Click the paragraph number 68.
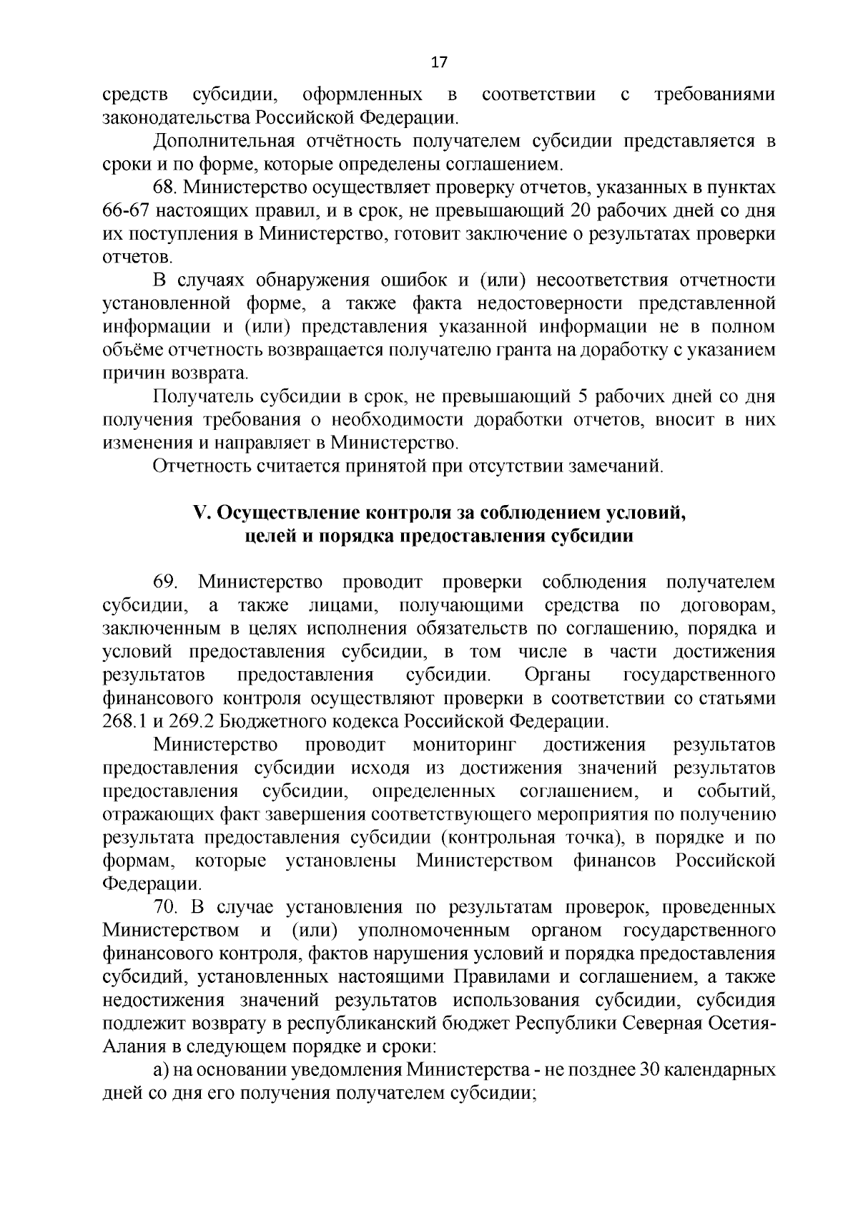166,187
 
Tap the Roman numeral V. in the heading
200,514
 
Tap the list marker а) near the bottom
161,1070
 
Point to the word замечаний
617,467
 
